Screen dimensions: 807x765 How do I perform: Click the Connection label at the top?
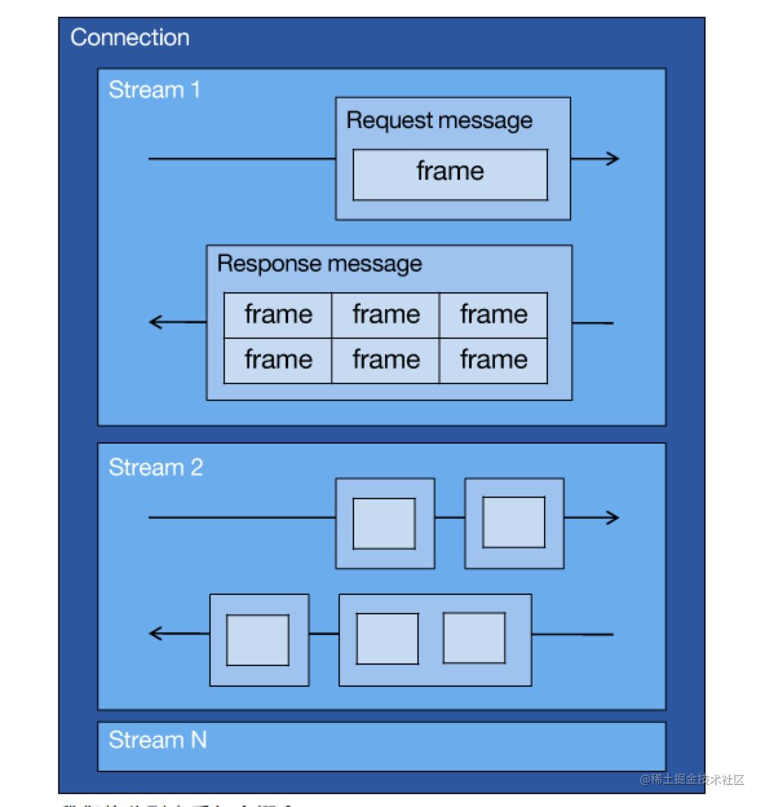tap(129, 38)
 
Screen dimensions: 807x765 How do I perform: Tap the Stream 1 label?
tap(154, 90)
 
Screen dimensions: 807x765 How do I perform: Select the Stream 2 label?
tap(155, 467)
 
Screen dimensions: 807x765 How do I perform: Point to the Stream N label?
tap(157, 739)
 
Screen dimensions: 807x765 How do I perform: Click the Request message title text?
tap(439, 120)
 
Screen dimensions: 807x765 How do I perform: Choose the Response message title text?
tap(319, 264)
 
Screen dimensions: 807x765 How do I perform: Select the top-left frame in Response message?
tap(278, 315)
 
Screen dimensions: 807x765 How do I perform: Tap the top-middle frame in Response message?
tap(386, 315)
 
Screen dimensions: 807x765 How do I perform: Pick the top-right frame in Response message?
tap(494, 315)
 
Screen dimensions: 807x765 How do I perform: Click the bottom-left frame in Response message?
tap(278, 360)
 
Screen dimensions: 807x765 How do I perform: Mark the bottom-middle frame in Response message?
tap(386, 360)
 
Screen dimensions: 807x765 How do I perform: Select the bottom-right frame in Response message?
tap(494, 360)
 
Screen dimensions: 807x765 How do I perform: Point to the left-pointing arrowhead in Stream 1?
tap(156, 321)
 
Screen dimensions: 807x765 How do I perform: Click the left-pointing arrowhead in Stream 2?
tap(156, 633)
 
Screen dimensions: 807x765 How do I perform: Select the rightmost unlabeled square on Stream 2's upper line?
tap(514, 522)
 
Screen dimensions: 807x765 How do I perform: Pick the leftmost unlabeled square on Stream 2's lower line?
tap(258, 640)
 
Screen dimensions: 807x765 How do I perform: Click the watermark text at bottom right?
tap(692, 779)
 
